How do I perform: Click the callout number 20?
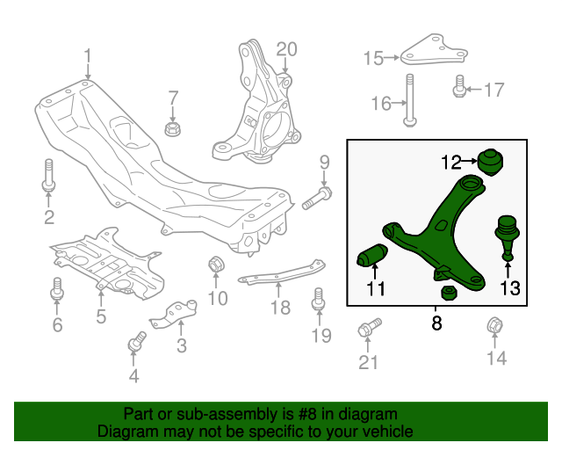click(x=287, y=49)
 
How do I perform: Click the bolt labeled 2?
click(x=48, y=174)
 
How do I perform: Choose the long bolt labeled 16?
click(x=408, y=100)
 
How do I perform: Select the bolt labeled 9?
click(x=316, y=198)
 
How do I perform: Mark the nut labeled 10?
click(x=215, y=265)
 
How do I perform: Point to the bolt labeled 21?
click(x=368, y=330)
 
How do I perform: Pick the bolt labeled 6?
click(x=58, y=289)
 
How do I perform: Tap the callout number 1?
click(x=88, y=57)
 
